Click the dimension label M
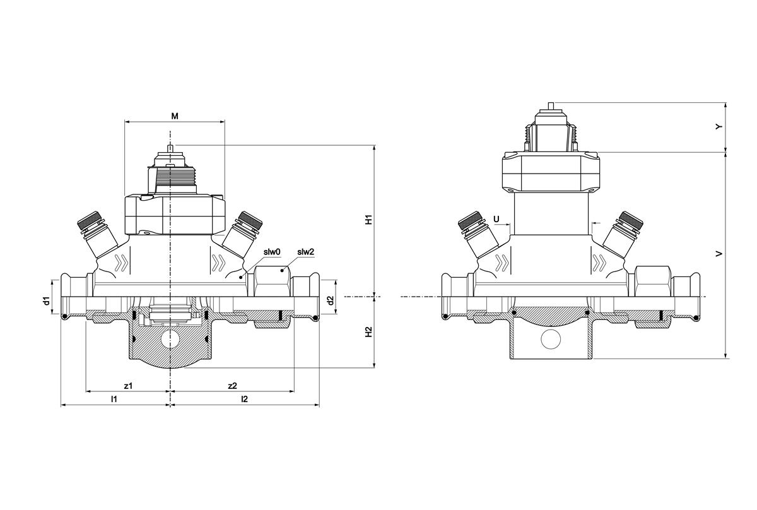(175, 116)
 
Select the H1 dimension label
(370, 220)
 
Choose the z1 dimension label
(128, 385)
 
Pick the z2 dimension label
(232, 385)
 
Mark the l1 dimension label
(114, 400)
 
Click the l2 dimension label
(245, 400)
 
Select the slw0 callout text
(272, 252)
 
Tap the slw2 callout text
(306, 252)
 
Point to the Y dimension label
(719, 127)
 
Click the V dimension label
(719, 254)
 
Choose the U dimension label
(496, 219)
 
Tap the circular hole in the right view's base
(551, 340)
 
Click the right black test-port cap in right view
(631, 220)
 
